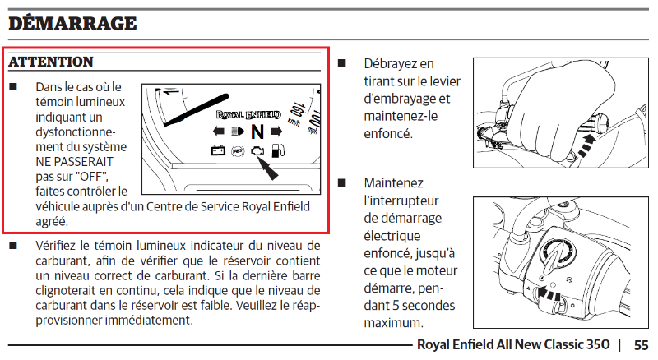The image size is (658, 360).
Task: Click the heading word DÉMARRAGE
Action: point(72,23)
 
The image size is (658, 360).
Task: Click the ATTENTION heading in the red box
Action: point(51,62)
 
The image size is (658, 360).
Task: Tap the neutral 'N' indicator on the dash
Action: point(257,132)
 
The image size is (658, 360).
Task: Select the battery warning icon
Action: point(218,151)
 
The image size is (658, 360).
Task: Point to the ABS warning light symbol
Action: point(238,151)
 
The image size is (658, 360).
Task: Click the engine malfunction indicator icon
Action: point(258,151)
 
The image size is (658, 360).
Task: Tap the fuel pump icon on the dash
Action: point(279,151)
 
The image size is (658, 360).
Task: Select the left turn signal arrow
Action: point(220,132)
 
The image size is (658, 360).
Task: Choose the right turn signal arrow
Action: point(276,132)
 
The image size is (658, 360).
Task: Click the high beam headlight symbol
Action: point(238,132)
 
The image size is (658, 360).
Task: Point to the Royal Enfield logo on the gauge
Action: point(248,115)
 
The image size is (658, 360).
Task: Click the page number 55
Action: point(641,345)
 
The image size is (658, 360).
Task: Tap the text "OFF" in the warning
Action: point(88,176)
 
